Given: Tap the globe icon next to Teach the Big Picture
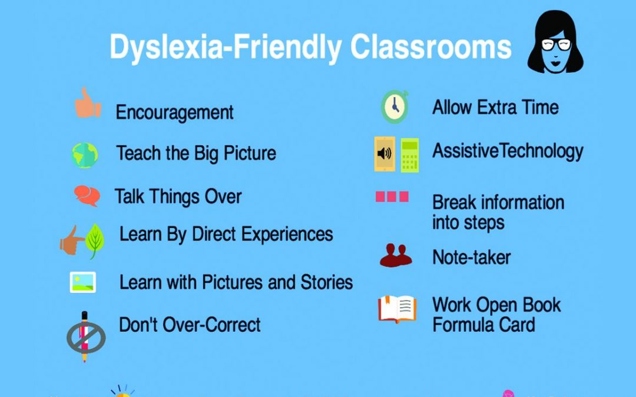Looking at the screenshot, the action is click(x=85, y=155).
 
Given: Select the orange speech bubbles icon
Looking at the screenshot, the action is click(x=87, y=196).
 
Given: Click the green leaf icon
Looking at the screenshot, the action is click(x=95, y=241).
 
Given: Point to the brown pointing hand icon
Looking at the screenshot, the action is click(x=71, y=241).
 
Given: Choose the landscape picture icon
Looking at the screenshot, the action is click(x=83, y=282).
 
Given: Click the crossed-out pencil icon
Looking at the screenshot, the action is click(x=85, y=336).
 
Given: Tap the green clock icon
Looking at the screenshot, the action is click(x=395, y=107).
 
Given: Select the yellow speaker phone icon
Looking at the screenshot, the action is click(x=385, y=154).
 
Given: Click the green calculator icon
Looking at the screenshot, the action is click(x=410, y=155).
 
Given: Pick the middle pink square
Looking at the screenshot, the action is click(x=392, y=196).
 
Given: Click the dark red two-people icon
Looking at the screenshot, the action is click(x=396, y=255).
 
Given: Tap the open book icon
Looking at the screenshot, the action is click(x=397, y=309).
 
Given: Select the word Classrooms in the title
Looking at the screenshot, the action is click(x=430, y=47).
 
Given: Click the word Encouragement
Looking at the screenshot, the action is click(x=174, y=112).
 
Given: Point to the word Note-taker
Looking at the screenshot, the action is click(x=471, y=257).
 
